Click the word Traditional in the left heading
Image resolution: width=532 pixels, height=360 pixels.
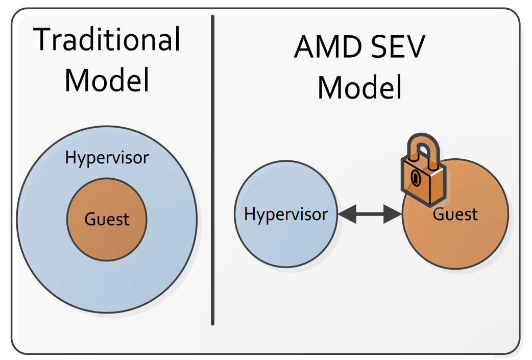click(x=107, y=39)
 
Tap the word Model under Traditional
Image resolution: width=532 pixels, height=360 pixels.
click(x=107, y=80)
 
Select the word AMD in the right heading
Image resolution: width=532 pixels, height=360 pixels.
click(x=328, y=47)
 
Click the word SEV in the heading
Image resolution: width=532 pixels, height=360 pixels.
click(x=398, y=47)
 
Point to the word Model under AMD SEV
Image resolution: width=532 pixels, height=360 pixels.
click(x=359, y=87)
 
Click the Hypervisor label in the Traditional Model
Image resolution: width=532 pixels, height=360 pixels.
click(x=107, y=158)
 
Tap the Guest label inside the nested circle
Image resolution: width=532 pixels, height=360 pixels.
click(x=107, y=219)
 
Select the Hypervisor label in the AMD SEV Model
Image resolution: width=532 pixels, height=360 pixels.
click(x=286, y=214)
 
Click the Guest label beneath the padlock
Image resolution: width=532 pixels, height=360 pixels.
click(x=455, y=214)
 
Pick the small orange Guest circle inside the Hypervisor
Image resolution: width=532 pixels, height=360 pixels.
click(x=107, y=237)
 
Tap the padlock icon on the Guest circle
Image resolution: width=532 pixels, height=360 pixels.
click(x=423, y=170)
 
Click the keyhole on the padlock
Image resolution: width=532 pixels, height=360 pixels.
click(x=416, y=178)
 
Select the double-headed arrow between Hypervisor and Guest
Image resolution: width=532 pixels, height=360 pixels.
click(x=370, y=214)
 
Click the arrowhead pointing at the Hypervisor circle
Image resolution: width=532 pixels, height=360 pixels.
click(x=347, y=214)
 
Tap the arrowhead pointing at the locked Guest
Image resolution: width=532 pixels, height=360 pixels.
click(x=393, y=214)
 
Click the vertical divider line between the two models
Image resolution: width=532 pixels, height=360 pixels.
click(x=213, y=170)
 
